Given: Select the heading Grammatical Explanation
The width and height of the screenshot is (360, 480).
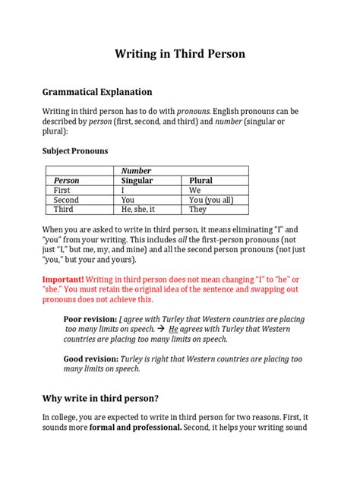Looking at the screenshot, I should (97, 92).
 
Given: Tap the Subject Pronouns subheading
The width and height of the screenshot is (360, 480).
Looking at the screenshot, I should (74, 151).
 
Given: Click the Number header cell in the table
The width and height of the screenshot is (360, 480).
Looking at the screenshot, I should (136, 171).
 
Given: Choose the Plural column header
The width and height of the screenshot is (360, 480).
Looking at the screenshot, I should (201, 181).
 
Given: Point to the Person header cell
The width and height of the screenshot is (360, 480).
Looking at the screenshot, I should (66, 181).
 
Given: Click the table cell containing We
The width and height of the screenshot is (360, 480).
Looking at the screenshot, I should (195, 191).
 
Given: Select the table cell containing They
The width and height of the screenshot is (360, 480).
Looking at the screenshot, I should (198, 210).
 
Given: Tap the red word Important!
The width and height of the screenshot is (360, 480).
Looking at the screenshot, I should (64, 279).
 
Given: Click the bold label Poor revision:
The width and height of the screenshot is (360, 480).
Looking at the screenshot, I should (90, 320).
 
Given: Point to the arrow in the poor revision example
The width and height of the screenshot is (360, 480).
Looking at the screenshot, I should (159, 330).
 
